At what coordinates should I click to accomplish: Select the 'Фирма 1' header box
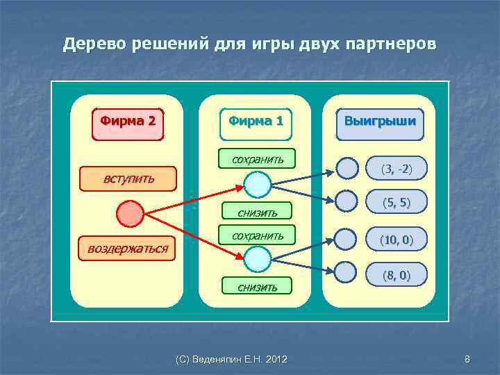[x=256, y=121]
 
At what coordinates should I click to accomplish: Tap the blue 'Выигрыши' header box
[x=380, y=121]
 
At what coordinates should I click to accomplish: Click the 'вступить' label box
[x=128, y=179]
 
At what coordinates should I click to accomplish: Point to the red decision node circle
[x=130, y=214]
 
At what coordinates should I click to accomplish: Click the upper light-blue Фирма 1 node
[x=257, y=184]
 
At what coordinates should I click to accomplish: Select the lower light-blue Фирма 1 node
[x=257, y=258]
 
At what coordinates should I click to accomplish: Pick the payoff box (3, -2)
[x=396, y=169]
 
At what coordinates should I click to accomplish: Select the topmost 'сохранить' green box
[x=257, y=159]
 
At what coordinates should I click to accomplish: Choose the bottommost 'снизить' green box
[x=257, y=286]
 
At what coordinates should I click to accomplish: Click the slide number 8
[x=467, y=359]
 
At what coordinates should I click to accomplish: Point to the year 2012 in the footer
[x=275, y=359]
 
